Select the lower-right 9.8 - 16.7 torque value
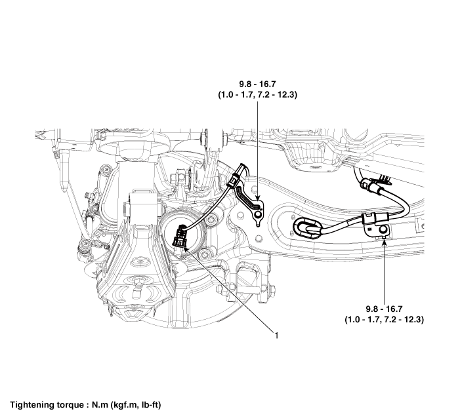coord(384,309)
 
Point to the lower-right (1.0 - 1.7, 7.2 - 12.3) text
coord(384,320)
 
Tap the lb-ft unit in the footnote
coord(148,405)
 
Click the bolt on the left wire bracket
coord(258,214)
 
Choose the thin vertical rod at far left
coord(64,170)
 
